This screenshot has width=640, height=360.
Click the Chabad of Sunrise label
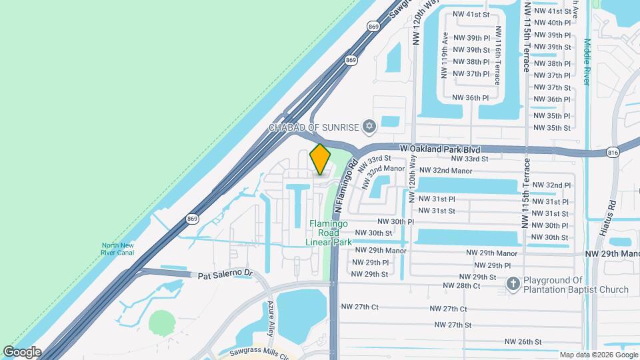click(x=313, y=127)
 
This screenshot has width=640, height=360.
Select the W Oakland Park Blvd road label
click(x=440, y=149)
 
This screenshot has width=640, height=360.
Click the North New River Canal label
click(x=117, y=248)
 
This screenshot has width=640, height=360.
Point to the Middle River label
click(x=587, y=61)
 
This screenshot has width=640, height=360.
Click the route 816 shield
click(x=613, y=153)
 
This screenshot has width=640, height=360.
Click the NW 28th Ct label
click(x=461, y=285)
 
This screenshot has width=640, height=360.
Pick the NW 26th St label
click(x=523, y=342)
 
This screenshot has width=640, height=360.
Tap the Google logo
click(x=21, y=352)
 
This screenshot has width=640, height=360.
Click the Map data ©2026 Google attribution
click(x=598, y=355)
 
